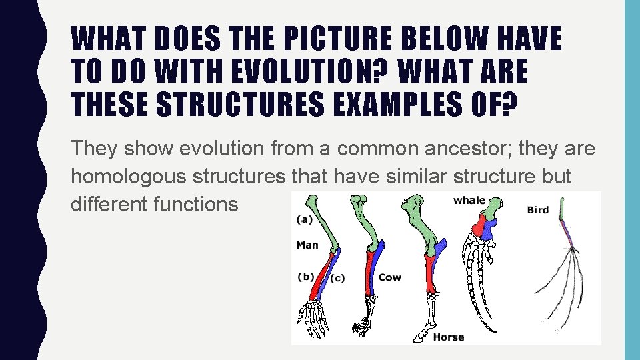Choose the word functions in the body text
click(x=195, y=204)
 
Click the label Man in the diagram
click(x=307, y=245)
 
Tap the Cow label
click(x=390, y=277)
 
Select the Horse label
click(x=448, y=337)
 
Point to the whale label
click(x=469, y=201)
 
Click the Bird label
click(x=537, y=210)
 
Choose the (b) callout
click(x=306, y=277)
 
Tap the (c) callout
click(x=337, y=278)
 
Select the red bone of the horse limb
click(x=430, y=273)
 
